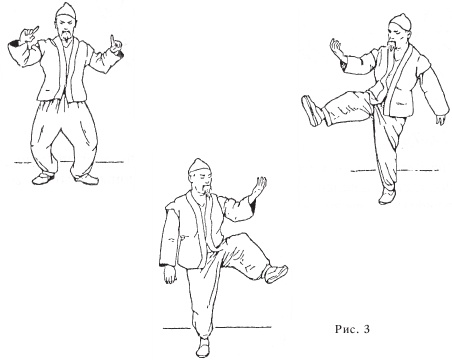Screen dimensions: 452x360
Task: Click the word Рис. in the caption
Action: click(x=346, y=330)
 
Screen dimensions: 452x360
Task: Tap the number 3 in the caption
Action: click(x=367, y=330)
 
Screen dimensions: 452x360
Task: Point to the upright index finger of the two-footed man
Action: click(x=112, y=40)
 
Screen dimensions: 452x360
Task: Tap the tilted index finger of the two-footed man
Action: click(x=33, y=30)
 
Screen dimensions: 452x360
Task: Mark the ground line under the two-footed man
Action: click(x=69, y=162)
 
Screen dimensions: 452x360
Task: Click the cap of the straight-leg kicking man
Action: click(x=401, y=21)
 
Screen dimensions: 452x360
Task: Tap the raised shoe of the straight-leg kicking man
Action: click(x=311, y=111)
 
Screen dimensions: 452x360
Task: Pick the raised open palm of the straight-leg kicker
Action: click(x=337, y=49)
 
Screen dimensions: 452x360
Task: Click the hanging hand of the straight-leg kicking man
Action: click(x=441, y=119)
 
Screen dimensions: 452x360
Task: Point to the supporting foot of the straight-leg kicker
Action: click(x=387, y=196)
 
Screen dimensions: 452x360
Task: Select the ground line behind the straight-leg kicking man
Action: click(x=395, y=171)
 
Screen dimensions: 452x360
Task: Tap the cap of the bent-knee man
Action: click(x=198, y=166)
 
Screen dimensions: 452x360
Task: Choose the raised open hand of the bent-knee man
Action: click(x=257, y=189)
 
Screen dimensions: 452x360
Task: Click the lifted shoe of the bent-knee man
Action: click(x=276, y=274)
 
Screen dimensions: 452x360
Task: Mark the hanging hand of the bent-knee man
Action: click(x=171, y=276)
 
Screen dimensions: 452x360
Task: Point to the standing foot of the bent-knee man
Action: click(x=203, y=347)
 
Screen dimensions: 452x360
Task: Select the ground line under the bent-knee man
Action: click(x=217, y=328)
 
